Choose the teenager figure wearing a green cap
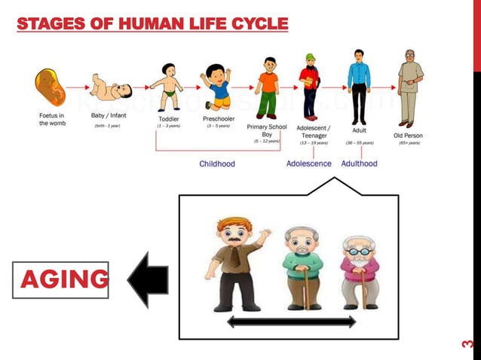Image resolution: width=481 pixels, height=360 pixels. pos(309,84)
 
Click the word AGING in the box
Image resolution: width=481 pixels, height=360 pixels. pos(63,279)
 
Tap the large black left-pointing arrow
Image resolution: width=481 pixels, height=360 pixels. pos(148,280)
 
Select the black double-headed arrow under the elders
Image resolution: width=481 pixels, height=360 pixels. pos(291,322)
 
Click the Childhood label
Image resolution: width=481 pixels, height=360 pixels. pos(217,163)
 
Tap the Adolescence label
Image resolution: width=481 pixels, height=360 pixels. pos(309,163)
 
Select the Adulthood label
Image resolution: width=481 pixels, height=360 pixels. pos(360,163)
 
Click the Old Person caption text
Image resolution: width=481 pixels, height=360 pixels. pos(409,136)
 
